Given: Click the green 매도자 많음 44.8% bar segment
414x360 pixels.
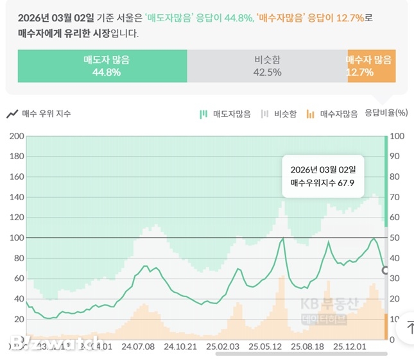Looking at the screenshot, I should point(102,66).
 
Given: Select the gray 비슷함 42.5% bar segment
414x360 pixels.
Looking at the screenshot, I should point(267,66).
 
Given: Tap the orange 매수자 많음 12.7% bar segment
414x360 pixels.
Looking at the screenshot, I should point(371,66).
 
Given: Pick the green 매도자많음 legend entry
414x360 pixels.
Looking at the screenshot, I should point(225,114).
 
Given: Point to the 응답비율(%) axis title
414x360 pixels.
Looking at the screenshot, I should point(386,113).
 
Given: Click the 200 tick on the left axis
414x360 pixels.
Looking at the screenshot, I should point(16,136).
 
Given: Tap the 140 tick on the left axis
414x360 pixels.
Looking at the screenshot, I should point(16,197).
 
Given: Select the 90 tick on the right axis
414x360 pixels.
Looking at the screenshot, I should point(397,157).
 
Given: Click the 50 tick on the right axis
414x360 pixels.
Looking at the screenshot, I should point(397,238).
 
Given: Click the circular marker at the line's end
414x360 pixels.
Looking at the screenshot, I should point(385,271).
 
